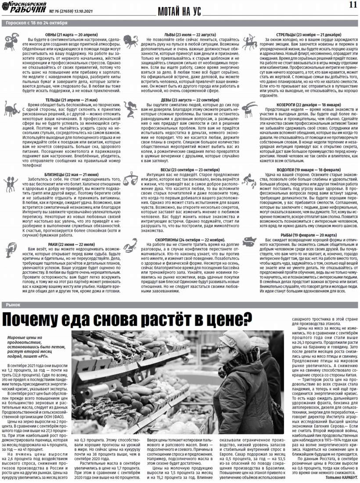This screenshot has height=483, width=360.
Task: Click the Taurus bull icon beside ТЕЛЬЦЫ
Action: pos(11,108)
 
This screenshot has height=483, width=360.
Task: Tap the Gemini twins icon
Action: pos(11,184)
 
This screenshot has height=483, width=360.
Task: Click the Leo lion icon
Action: pos(130,41)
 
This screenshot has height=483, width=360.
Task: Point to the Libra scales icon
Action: pos(130,178)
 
